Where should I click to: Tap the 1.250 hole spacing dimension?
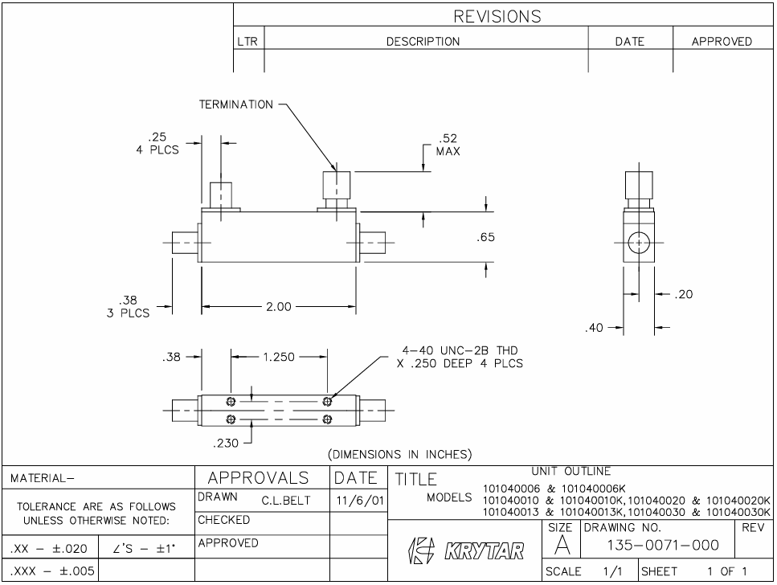tap(278, 357)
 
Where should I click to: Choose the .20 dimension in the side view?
tap(684, 294)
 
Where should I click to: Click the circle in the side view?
tap(639, 242)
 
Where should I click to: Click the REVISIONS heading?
tap(498, 16)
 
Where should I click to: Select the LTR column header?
tap(247, 42)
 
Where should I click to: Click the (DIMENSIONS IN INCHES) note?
tap(400, 454)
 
